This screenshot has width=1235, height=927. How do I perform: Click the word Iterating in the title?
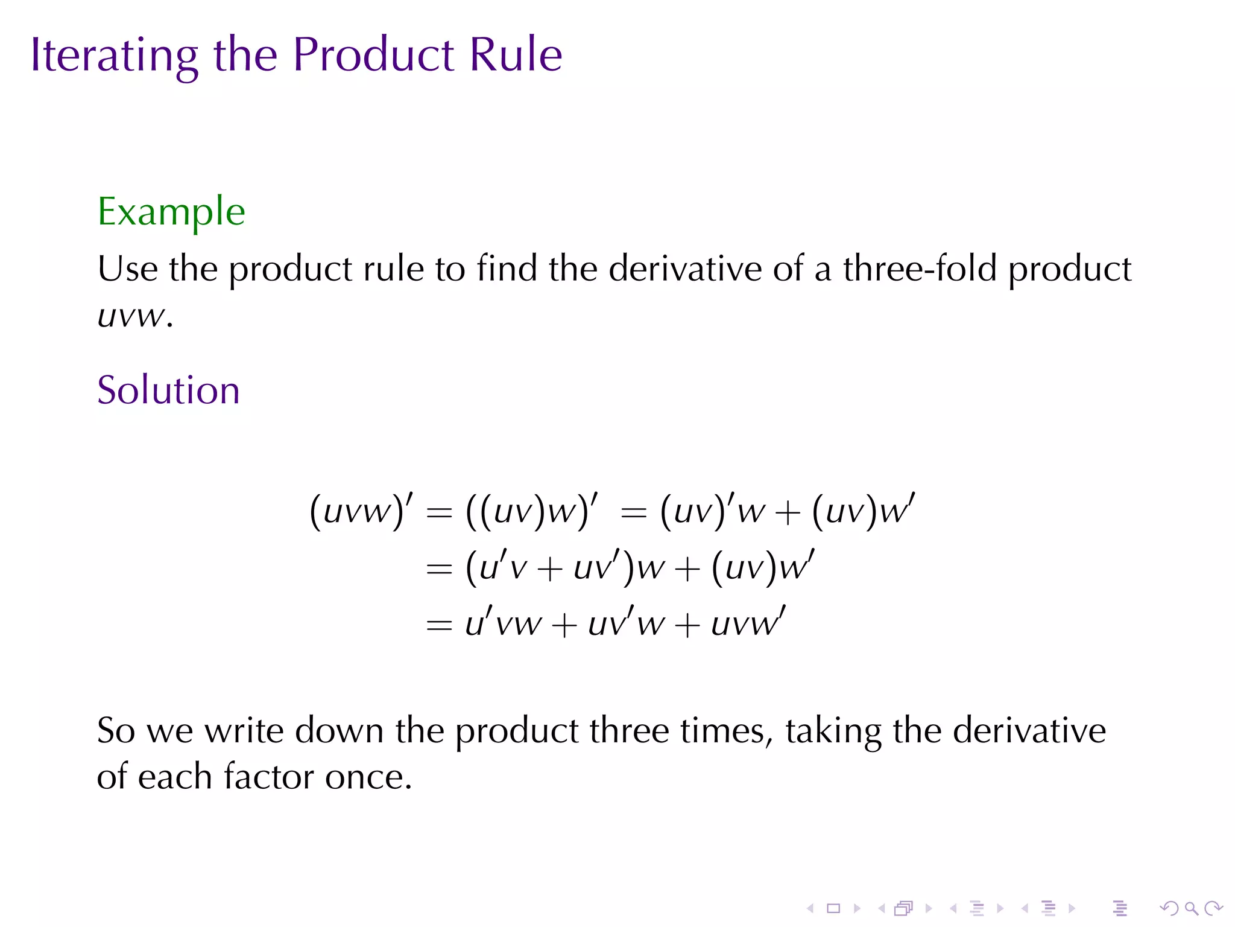pyautogui.click(x=114, y=56)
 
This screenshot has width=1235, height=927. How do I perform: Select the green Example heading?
pyautogui.click(x=171, y=212)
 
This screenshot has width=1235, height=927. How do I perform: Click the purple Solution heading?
pyautogui.click(x=168, y=390)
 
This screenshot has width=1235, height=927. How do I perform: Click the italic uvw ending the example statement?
pyautogui.click(x=131, y=316)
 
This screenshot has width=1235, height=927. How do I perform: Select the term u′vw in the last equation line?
pyautogui.click(x=503, y=623)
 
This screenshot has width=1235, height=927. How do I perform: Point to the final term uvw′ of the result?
pyautogui.click(x=748, y=623)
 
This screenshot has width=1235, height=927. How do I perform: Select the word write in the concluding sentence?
pyautogui.click(x=244, y=731)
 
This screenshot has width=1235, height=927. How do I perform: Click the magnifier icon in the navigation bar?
pyautogui.click(x=1191, y=908)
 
